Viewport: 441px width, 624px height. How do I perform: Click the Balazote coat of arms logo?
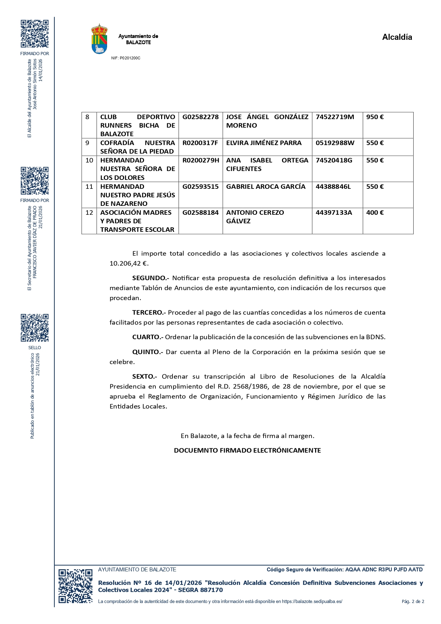coord(100,39)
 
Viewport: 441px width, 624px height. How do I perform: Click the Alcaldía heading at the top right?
coord(397,37)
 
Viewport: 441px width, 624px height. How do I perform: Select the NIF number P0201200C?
coord(126,58)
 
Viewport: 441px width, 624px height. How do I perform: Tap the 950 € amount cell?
coord(375,117)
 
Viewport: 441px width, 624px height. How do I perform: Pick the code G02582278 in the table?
coord(200,117)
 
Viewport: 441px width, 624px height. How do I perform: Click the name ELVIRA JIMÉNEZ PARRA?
coord(264,143)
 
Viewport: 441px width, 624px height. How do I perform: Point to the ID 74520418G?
coord(334,160)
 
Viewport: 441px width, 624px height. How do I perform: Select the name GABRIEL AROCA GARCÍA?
coord(266,187)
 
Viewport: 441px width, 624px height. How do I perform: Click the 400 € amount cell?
coord(375,213)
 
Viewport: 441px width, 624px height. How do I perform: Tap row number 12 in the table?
coord(89,213)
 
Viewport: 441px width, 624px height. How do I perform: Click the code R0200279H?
coord(201,160)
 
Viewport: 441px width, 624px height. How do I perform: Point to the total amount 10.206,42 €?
coord(129,263)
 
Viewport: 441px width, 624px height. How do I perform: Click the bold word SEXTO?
coord(144,377)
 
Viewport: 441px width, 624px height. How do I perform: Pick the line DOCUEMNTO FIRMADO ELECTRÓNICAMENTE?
coord(247,450)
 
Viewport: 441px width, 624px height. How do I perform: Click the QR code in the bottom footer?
coord(75,586)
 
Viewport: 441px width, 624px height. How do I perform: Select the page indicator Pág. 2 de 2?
coord(413,602)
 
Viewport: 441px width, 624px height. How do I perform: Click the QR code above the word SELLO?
coord(34,327)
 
